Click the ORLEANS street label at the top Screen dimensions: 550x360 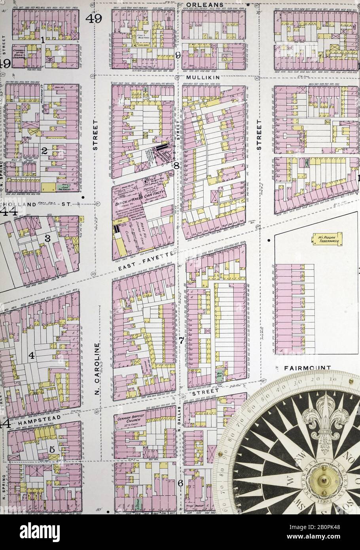(205, 4)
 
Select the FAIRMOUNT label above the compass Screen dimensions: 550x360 (307, 368)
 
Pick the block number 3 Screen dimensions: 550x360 (47, 238)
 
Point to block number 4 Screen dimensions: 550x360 (31, 356)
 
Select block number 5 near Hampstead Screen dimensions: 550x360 (52, 450)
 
